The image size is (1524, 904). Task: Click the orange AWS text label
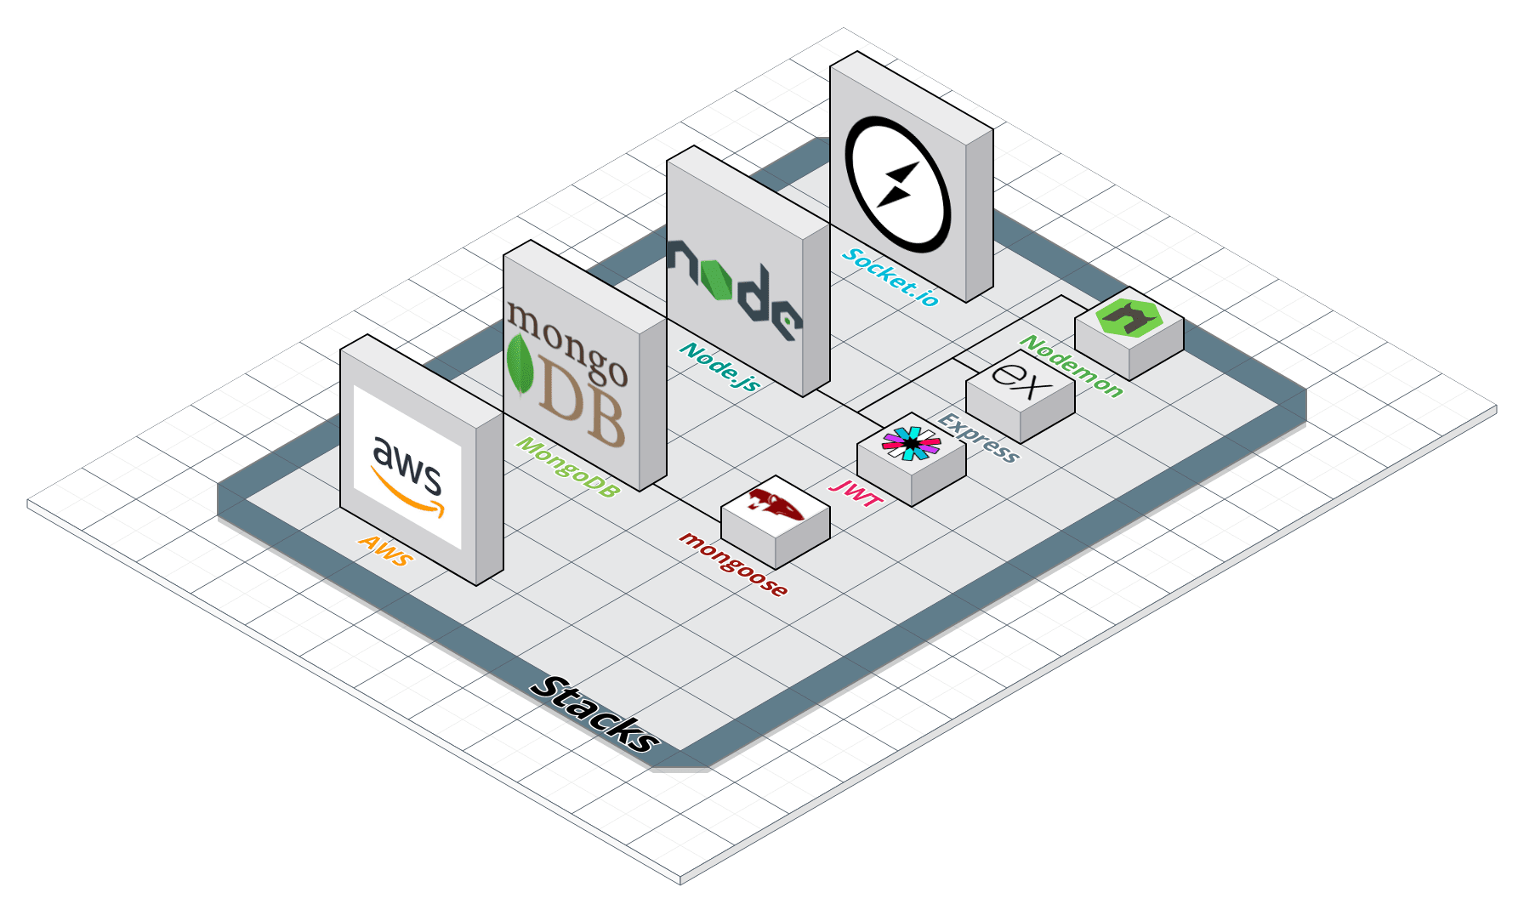pyautogui.click(x=386, y=550)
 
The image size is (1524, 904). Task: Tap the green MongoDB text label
pyautogui.click(x=567, y=467)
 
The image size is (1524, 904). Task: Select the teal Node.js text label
pyautogui.click(x=719, y=367)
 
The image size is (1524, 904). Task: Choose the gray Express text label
pyautogui.click(x=978, y=437)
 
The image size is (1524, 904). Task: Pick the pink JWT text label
pyautogui.click(x=857, y=492)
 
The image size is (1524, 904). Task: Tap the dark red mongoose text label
pyautogui.click(x=733, y=563)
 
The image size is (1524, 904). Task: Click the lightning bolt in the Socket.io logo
pyautogui.click(x=897, y=185)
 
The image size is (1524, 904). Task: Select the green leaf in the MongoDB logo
pyautogui.click(x=519, y=364)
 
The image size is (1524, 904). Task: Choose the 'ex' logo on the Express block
pyautogui.click(x=1021, y=380)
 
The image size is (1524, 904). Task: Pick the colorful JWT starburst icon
pyautogui.click(x=911, y=442)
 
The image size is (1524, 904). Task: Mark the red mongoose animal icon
pyautogui.click(x=776, y=503)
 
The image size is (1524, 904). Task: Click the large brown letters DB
pyautogui.click(x=583, y=407)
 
